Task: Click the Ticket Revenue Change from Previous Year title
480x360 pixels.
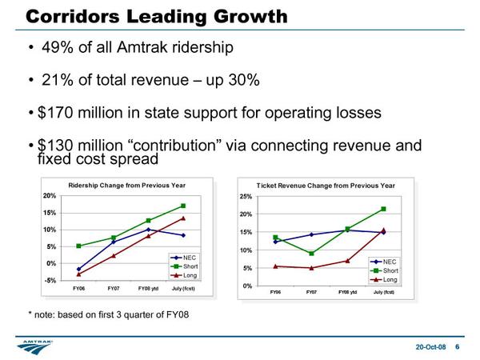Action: tap(326, 186)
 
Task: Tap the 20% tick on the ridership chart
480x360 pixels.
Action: tap(50, 195)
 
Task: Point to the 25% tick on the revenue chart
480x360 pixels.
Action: tap(246, 196)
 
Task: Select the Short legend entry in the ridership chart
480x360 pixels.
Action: tap(191, 266)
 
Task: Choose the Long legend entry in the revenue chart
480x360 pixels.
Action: tap(390, 279)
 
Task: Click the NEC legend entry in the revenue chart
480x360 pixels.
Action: tap(389, 262)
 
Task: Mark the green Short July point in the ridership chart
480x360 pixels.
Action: tap(183, 206)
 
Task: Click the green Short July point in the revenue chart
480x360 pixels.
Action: tap(384, 209)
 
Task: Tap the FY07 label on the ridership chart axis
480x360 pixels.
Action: tap(114, 288)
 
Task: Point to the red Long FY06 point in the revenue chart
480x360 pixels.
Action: tap(275, 266)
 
